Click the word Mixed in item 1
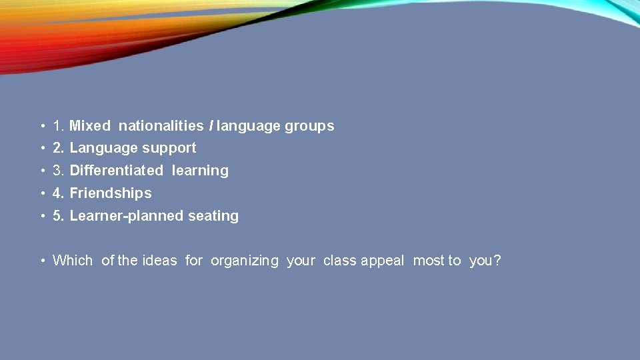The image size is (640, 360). click(x=90, y=125)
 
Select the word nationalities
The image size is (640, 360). click(x=161, y=125)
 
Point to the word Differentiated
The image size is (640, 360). click(x=116, y=171)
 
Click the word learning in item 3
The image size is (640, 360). click(x=200, y=171)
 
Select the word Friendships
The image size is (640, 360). click(x=111, y=193)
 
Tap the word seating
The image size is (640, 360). click(x=213, y=216)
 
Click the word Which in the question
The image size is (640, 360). click(x=73, y=261)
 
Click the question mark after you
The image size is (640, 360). click(x=497, y=261)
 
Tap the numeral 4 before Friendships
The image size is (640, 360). click(x=57, y=193)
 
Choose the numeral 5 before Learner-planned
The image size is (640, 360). click(x=57, y=216)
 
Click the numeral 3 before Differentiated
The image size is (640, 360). click(x=57, y=171)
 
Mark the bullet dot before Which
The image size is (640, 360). click(x=42, y=261)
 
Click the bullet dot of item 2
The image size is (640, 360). click(x=42, y=149)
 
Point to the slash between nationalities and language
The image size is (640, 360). click(x=211, y=125)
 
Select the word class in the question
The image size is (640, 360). click(x=340, y=261)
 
